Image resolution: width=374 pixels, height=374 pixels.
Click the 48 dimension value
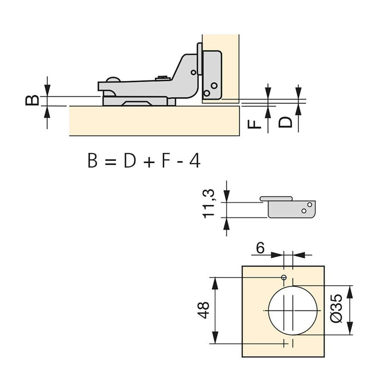pyautogui.click(x=204, y=310)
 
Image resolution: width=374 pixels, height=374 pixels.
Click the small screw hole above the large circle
pyautogui.click(x=284, y=278)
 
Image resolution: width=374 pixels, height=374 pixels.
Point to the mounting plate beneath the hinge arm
pyautogui.click(x=138, y=101)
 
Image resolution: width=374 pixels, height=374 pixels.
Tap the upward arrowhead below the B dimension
pyautogui.click(x=47, y=109)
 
